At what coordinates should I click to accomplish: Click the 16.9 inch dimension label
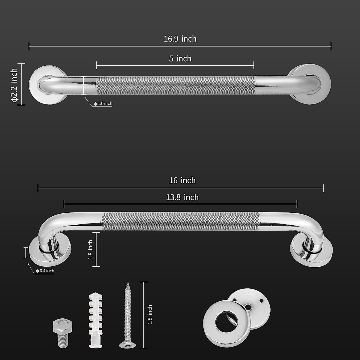coord(180,39)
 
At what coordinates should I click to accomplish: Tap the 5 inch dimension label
coord(180,58)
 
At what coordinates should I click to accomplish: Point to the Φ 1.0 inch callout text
coord(103,103)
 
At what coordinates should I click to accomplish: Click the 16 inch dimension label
coord(182,180)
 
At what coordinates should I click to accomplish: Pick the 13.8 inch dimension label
coord(182,197)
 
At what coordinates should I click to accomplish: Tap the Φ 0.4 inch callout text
coord(45,271)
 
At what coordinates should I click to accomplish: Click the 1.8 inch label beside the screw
coord(150,315)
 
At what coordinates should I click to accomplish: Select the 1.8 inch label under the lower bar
coord(90,249)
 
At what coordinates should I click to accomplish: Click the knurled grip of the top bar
coord(175,85)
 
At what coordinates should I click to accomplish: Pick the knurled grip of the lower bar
coord(180,221)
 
